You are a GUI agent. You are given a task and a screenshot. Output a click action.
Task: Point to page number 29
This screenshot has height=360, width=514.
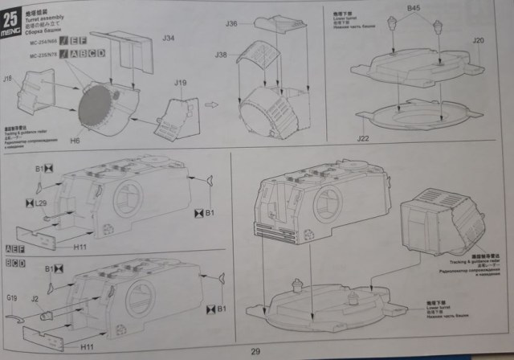pyautogui.click(x=255, y=351)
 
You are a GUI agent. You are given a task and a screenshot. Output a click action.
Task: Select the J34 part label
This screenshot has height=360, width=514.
pyautogui.click(x=168, y=38)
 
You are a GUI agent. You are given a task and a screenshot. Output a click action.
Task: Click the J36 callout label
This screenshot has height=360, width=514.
pyautogui.click(x=231, y=24)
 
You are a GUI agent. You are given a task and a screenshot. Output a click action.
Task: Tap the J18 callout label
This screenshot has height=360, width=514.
pyautogui.click(x=8, y=79)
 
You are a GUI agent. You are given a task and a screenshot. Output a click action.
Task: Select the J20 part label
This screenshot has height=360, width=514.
pyautogui.click(x=478, y=39)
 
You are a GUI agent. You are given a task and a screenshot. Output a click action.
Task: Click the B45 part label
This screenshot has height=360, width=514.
pyautogui.click(x=414, y=8)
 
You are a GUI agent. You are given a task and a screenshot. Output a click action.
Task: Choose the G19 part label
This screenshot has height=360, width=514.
pyautogui.click(x=12, y=298)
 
